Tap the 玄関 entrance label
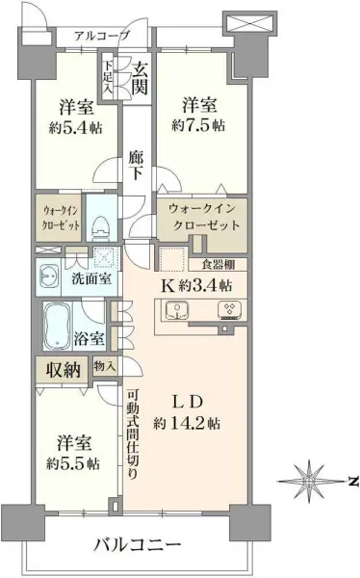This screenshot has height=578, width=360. (141, 79)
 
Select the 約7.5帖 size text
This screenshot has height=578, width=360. (199, 126)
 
